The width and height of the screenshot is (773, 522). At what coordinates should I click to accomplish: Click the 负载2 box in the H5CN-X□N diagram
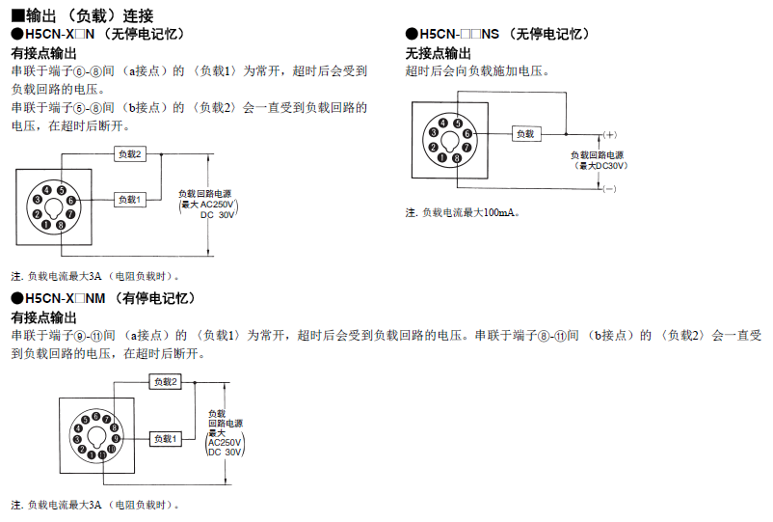click(x=130, y=154)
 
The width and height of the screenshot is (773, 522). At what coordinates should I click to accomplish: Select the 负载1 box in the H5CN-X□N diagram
click(x=130, y=199)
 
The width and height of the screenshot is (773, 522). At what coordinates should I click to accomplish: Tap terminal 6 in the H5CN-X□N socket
click(x=70, y=200)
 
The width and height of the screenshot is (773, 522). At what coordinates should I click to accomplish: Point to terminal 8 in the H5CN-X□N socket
click(x=60, y=225)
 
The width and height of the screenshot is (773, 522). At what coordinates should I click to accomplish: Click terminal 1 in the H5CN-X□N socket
click(x=45, y=224)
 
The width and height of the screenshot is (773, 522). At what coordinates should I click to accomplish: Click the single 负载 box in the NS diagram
click(x=524, y=134)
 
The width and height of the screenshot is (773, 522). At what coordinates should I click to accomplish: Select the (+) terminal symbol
click(x=609, y=134)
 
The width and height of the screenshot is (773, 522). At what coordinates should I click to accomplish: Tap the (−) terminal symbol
click(x=609, y=189)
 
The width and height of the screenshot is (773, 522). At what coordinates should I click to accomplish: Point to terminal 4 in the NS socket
click(x=442, y=123)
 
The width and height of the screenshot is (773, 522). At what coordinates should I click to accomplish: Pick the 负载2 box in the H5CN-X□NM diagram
click(x=165, y=382)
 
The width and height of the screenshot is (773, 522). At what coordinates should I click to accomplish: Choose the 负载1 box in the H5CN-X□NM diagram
click(x=165, y=439)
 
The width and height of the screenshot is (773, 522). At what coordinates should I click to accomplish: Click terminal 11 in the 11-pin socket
click(x=102, y=454)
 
